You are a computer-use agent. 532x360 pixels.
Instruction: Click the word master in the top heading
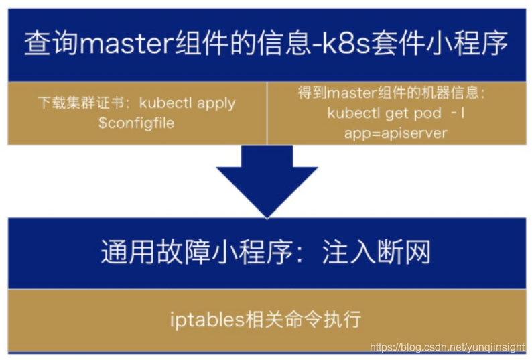127,45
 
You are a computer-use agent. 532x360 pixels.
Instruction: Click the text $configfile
136,123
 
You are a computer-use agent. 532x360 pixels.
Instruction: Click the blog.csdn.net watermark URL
448,347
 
